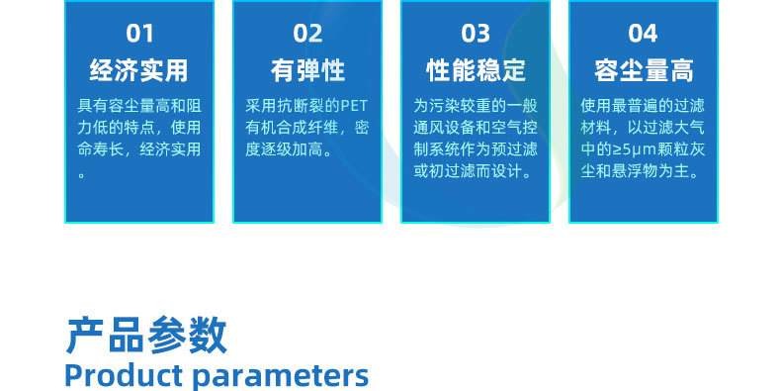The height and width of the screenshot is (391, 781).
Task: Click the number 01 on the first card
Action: click(139, 35)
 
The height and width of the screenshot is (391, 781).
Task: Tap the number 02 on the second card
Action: click(307, 35)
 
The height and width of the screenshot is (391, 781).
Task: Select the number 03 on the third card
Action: click(476, 35)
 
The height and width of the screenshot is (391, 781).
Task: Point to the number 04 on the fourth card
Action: click(643, 35)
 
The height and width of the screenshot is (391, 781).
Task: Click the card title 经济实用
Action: click(139, 71)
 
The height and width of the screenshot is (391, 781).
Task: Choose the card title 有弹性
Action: click(307, 71)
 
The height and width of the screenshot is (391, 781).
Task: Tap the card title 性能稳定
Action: click(476, 71)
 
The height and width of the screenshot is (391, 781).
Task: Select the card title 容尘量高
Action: click(644, 71)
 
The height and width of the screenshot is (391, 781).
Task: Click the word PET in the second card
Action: click(354, 106)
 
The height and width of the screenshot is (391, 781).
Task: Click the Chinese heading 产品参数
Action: click(146, 336)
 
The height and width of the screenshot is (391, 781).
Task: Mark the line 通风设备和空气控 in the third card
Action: click(476, 129)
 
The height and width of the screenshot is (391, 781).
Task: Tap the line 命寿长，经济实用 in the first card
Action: click(139, 150)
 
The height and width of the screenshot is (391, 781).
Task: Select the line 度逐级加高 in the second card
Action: click(285, 150)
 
